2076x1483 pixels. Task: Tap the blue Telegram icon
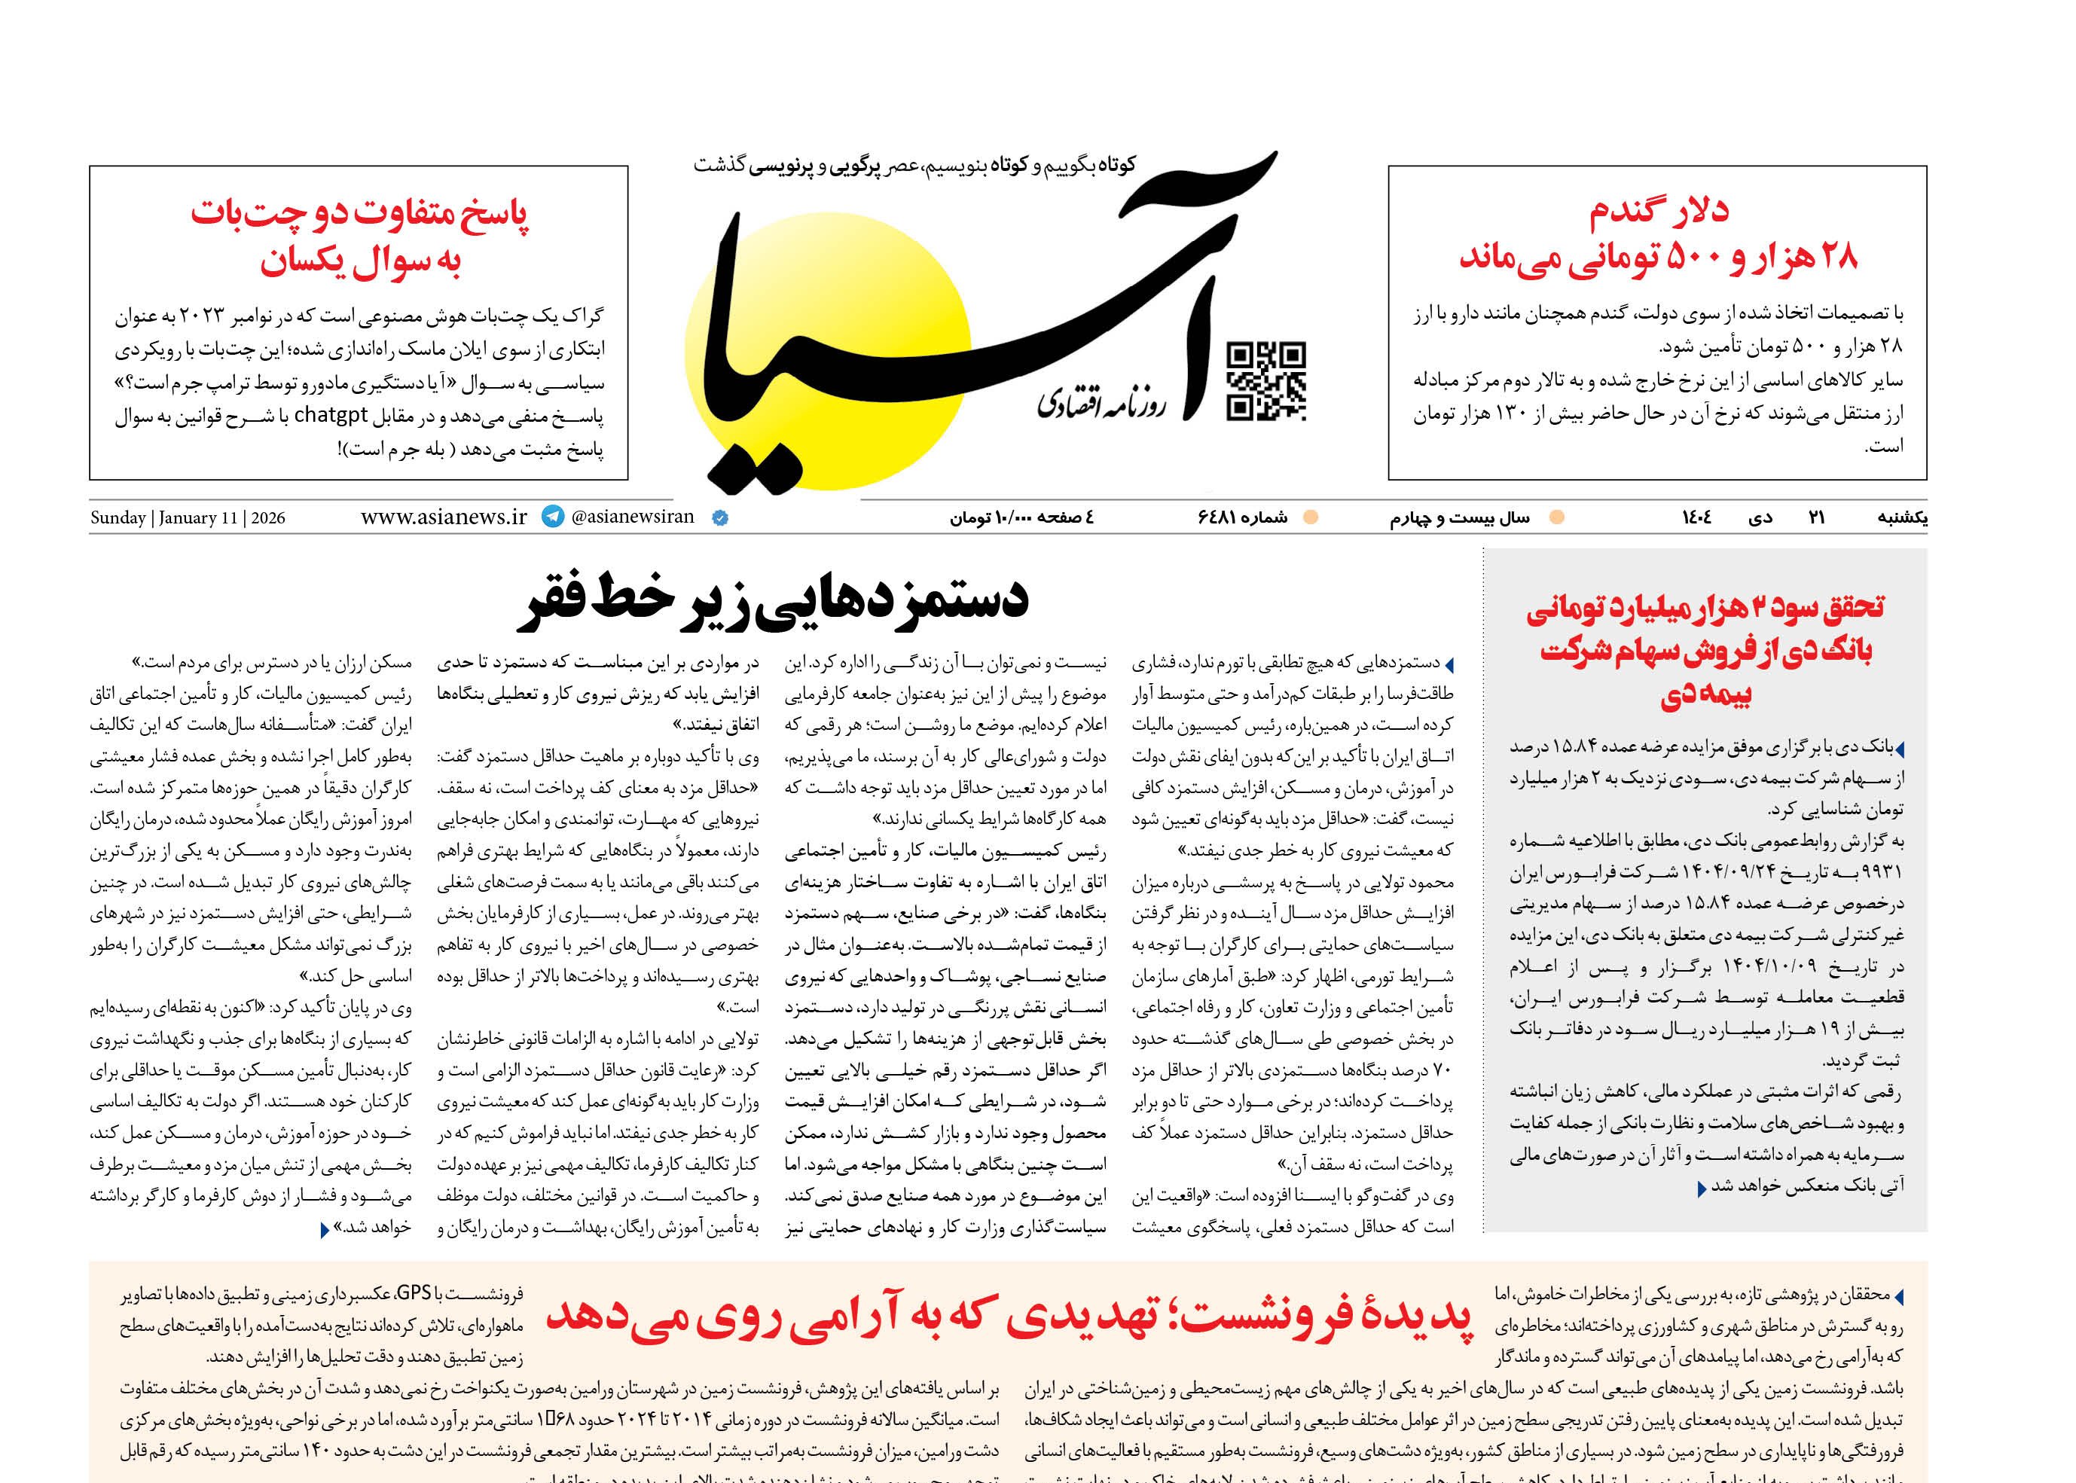point(553,517)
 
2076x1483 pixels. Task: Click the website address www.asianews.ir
point(444,517)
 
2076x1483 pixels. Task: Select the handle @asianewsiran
point(632,517)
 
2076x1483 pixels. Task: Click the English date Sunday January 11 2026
point(188,517)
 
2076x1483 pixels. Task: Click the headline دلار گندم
point(1659,212)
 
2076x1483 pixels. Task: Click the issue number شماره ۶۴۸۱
point(1242,517)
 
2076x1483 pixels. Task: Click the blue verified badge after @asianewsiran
point(719,517)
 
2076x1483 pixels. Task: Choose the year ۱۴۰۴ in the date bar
point(1696,517)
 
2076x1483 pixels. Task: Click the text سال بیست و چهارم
point(1460,517)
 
